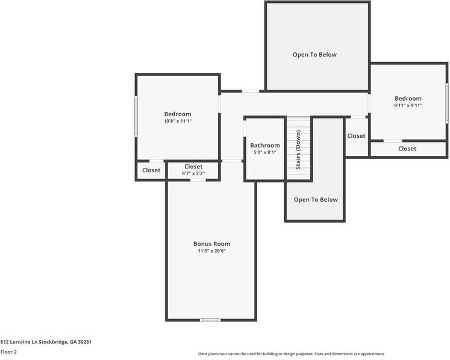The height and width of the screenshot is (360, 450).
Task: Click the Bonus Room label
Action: tap(211, 244)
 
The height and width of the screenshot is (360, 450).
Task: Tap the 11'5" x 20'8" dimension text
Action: tap(211, 251)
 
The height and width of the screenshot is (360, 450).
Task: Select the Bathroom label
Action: tap(265, 145)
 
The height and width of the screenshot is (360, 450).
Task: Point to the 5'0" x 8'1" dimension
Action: tap(265, 152)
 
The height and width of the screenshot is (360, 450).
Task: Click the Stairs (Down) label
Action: tap(298, 150)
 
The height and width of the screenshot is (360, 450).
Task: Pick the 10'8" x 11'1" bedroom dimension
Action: tap(178, 121)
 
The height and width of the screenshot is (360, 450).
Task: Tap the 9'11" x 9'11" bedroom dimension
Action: tap(408, 105)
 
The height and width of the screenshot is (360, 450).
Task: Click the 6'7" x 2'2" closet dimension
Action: tap(193, 174)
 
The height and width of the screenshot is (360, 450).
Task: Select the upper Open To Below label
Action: tap(314, 55)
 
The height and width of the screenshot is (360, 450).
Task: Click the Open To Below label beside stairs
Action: tap(316, 200)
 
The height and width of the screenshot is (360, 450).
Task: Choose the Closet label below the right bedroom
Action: tap(407, 149)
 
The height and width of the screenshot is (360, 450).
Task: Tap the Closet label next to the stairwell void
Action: tap(356, 136)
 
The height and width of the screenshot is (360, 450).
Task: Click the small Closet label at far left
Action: tap(151, 170)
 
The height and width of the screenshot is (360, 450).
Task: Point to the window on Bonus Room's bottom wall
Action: tap(210, 320)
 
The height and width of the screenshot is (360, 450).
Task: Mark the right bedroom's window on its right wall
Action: tap(446, 103)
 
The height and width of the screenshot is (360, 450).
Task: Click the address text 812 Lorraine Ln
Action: tap(46, 341)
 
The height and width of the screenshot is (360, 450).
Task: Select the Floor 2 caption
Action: tap(8, 352)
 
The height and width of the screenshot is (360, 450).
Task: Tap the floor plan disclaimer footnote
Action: tap(292, 354)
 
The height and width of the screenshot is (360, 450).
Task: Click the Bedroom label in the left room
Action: tap(178, 114)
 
